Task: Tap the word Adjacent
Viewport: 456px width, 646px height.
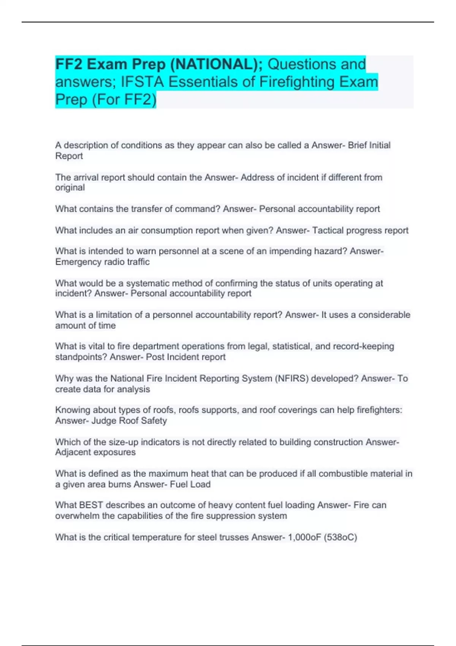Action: pyautogui.click(x=74, y=452)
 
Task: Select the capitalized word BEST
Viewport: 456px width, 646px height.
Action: pyautogui.click(x=91, y=505)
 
